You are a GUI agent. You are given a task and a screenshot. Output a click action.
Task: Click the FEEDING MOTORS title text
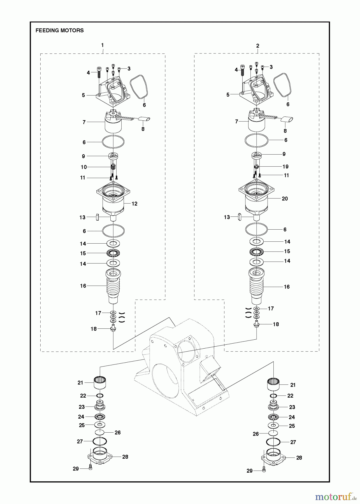(59, 31)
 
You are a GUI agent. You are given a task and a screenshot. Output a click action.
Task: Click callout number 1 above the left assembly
(102, 45)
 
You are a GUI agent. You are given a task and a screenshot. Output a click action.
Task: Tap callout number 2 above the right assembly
(257, 46)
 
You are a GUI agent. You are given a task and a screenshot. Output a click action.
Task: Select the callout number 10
(84, 167)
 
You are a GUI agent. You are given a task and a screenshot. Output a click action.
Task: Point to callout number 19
(285, 167)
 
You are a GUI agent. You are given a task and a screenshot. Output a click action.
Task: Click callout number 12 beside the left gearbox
(134, 204)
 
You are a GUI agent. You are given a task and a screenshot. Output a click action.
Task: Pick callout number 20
(285, 199)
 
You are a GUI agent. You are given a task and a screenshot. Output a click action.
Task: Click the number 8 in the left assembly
(143, 129)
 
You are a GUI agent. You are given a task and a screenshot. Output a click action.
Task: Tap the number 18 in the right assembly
(276, 324)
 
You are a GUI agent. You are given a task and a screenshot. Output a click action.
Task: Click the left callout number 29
(76, 469)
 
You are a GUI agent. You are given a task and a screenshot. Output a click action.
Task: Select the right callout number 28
(299, 458)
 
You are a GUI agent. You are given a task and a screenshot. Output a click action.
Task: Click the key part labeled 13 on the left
(97, 217)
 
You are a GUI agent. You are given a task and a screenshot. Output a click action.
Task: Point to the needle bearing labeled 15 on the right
(256, 251)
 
